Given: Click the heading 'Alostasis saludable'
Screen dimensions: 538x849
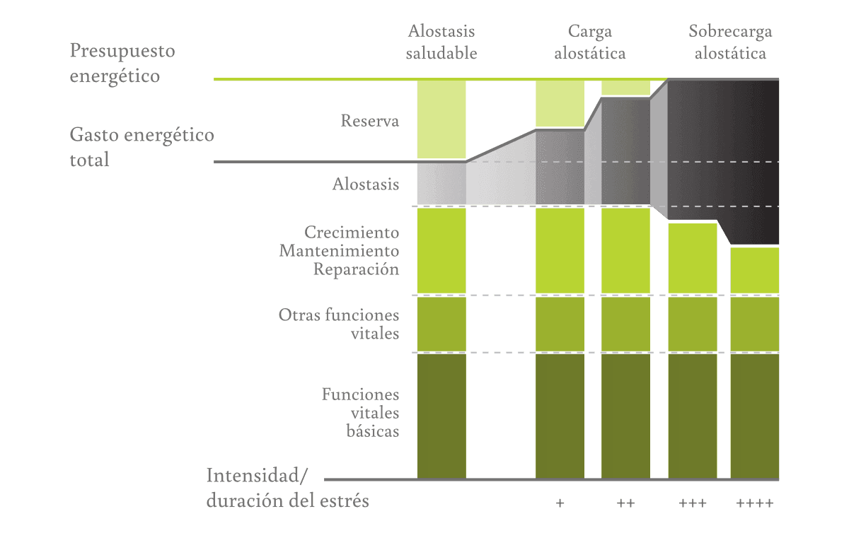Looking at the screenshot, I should coord(441,42).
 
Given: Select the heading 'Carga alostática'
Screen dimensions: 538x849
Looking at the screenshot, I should coord(589,42).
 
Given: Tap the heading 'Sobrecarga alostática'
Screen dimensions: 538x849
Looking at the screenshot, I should coord(730,42).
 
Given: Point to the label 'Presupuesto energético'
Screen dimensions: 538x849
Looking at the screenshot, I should coord(122,63).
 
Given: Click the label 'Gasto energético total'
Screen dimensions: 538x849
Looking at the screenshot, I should coord(141,147).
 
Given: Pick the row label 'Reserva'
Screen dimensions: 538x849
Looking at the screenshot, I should coord(369,121).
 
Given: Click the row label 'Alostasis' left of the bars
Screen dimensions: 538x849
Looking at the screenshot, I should coord(366,185).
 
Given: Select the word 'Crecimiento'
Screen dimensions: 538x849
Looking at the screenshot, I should coord(352,232).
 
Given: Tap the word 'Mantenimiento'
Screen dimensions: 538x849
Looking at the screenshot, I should coord(339,250).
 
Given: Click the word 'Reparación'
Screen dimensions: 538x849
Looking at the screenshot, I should coord(356,269).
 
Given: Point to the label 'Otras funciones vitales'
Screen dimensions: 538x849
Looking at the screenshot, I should coord(339,324).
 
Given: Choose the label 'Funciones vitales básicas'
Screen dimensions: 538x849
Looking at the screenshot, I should coord(360,412).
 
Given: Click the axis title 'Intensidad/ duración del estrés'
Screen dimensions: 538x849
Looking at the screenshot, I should coord(287,488).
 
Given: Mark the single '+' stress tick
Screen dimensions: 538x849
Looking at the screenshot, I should coord(560,504).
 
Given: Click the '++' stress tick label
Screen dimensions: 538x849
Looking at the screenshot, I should coord(625,504).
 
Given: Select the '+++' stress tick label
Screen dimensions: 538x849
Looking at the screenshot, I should coord(692,504).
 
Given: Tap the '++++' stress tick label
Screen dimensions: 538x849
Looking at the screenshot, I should coord(754,504).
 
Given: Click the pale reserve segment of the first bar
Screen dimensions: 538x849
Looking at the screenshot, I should coord(441,119).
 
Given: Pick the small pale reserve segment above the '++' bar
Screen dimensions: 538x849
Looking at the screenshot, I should coord(625,88).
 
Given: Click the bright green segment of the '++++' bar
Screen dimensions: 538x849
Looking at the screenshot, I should coord(754,270).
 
